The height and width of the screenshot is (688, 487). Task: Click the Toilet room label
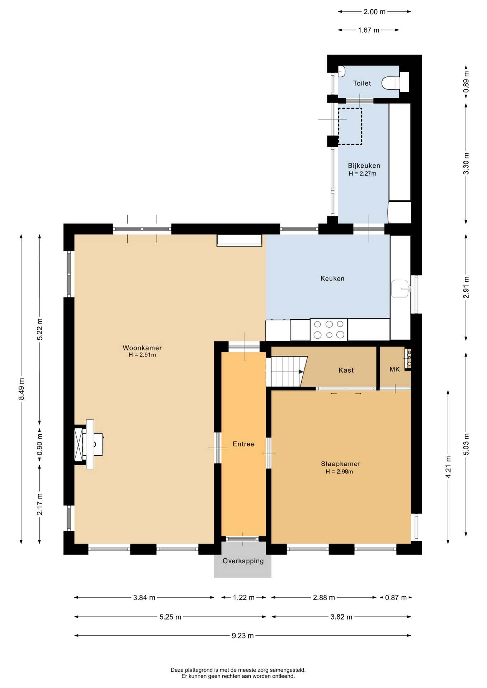[362, 83]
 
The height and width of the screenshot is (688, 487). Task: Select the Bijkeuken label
[364, 166]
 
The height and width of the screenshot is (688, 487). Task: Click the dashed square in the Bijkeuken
[350, 126]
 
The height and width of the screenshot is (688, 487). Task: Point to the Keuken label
[332, 278]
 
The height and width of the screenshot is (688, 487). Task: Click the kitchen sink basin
[400, 289]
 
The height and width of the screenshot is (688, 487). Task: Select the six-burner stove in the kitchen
[329, 329]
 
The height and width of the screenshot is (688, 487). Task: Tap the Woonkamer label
[142, 348]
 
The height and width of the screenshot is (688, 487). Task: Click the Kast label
[346, 370]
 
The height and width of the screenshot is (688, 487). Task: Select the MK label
[394, 369]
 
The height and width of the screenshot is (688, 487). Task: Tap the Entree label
[243, 444]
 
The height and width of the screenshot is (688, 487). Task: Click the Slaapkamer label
[340, 464]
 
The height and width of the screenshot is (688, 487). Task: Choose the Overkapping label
[243, 561]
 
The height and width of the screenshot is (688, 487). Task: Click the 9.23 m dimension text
[243, 636]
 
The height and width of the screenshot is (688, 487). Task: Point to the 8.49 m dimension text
[22, 389]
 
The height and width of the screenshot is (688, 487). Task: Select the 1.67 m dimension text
[369, 30]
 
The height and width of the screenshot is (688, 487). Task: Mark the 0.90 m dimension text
[40, 444]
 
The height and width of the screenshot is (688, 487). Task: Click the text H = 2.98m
[339, 472]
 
